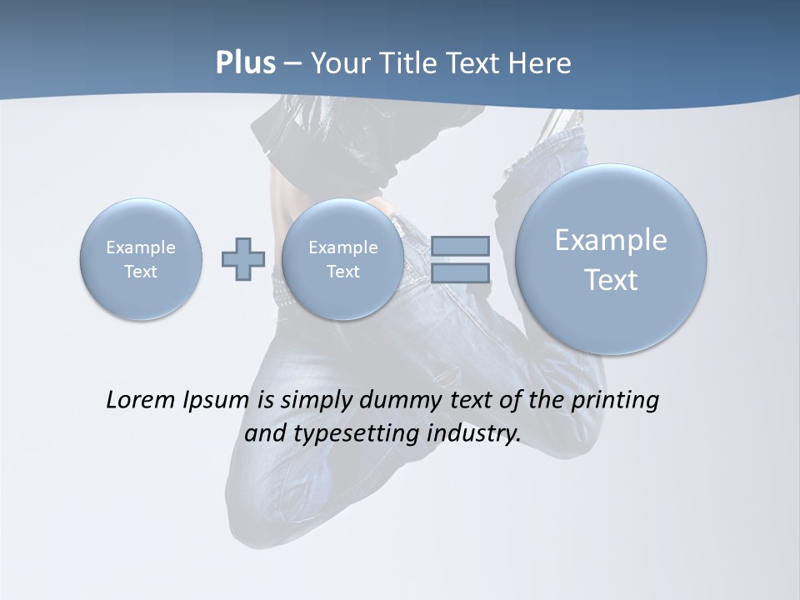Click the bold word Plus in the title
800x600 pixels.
(x=245, y=63)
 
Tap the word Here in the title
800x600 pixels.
(x=539, y=63)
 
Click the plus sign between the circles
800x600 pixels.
(x=243, y=259)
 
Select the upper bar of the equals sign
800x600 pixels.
(x=460, y=246)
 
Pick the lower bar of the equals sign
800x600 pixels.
(x=460, y=273)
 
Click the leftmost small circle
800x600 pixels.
(x=141, y=259)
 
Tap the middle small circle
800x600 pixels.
(x=342, y=259)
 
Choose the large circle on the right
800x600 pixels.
(x=611, y=259)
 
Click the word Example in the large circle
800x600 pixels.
(x=611, y=240)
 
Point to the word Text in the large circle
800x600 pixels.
(x=611, y=280)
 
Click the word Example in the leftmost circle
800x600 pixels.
(x=141, y=247)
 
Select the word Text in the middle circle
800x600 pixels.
(x=342, y=272)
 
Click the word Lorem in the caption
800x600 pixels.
(x=142, y=400)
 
